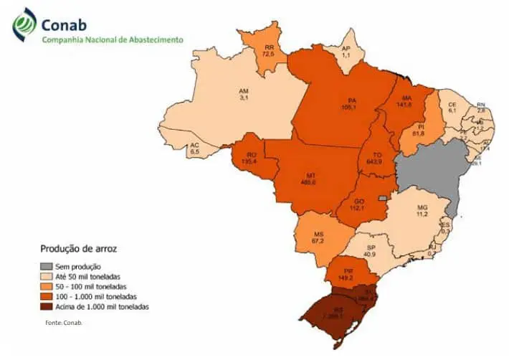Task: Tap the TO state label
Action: (374, 157)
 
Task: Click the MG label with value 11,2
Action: (422, 209)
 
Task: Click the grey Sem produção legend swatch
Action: (45, 267)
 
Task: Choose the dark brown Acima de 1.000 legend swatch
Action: (45, 307)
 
